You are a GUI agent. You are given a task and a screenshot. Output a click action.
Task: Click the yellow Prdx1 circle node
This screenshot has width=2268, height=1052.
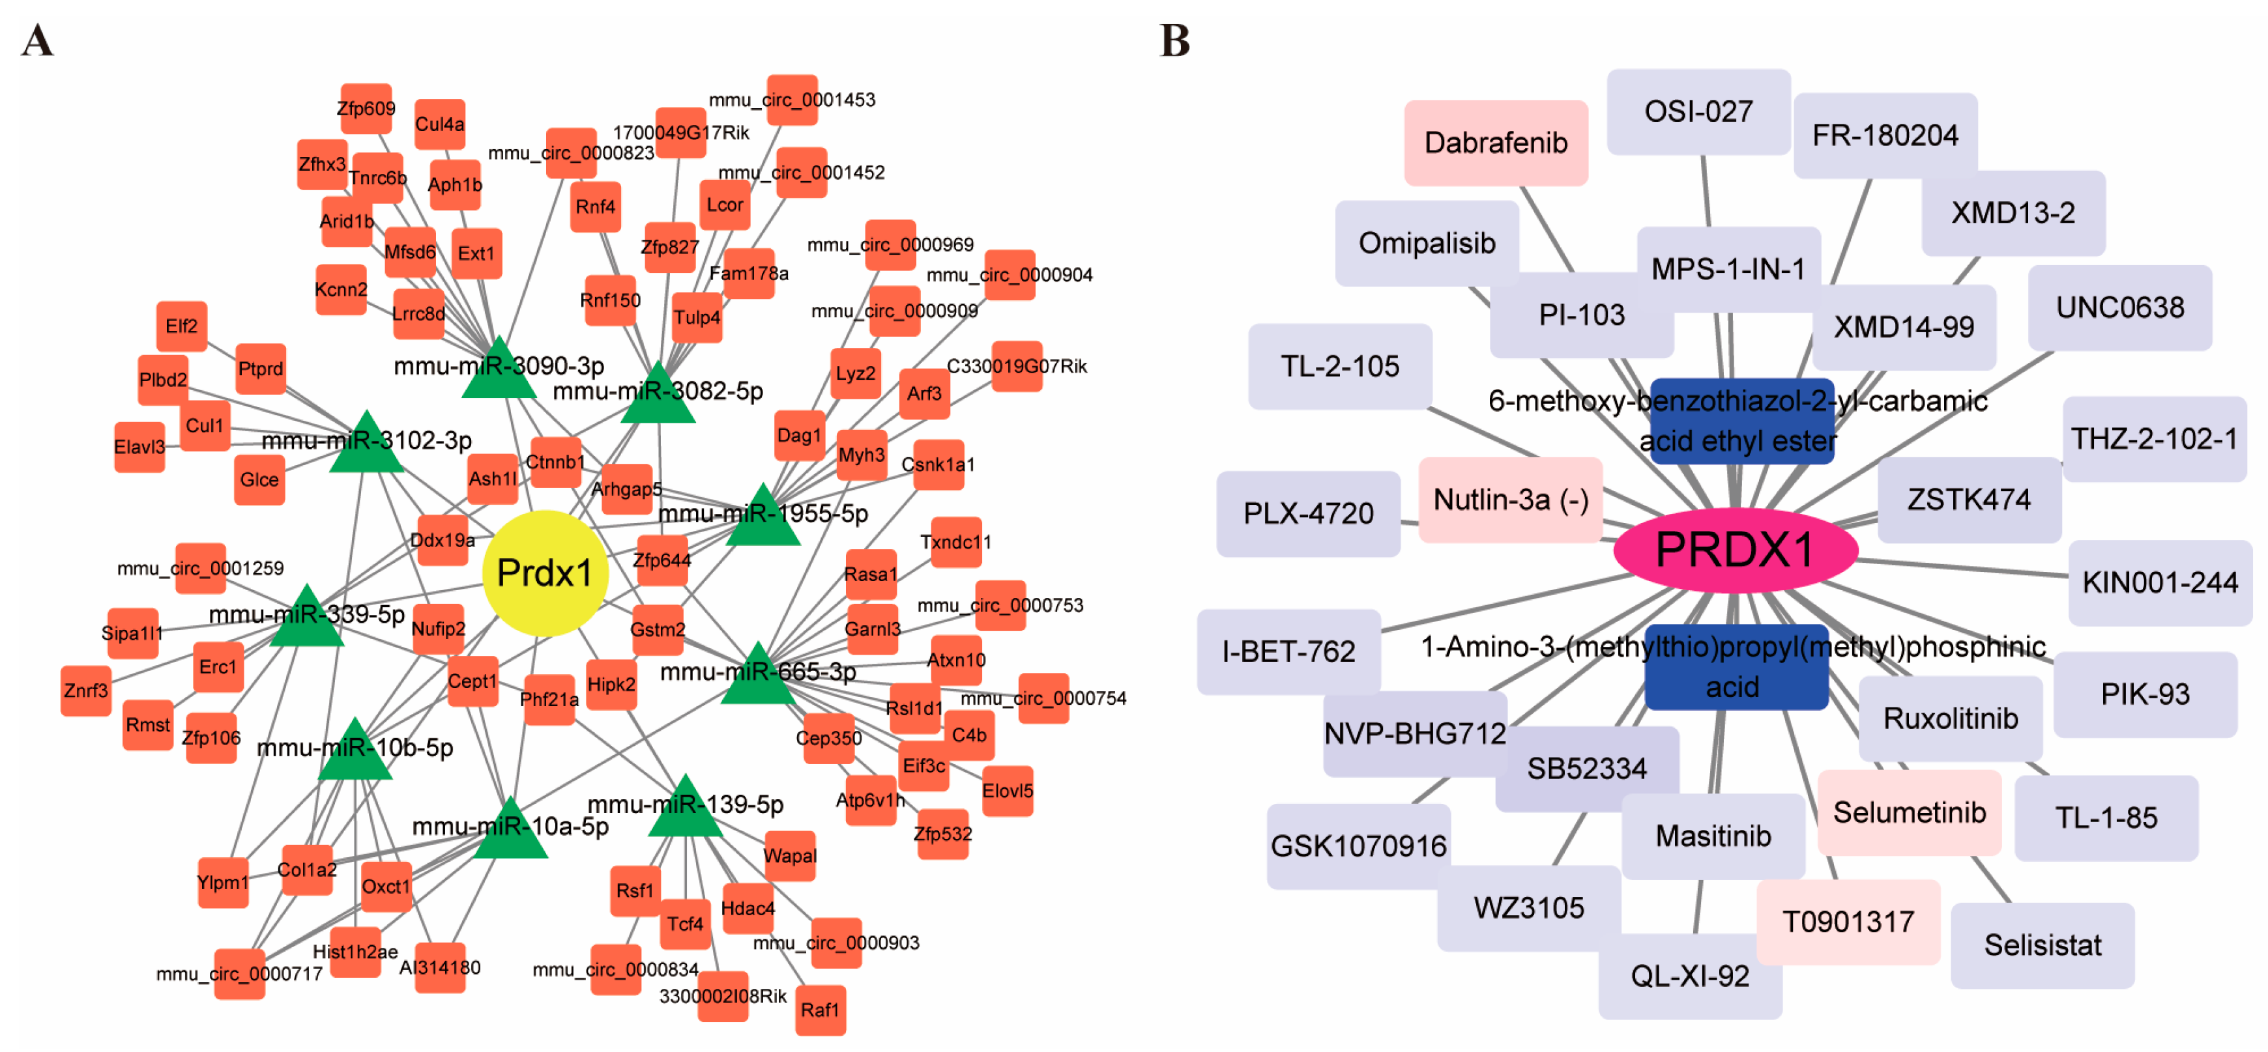coord(545,573)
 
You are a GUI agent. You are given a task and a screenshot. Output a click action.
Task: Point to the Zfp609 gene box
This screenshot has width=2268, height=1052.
coord(366,108)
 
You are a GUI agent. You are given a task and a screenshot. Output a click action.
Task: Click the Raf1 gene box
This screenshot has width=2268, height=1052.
coord(821,1010)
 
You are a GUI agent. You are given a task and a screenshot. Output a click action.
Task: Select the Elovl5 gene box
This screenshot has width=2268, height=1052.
coord(1007,791)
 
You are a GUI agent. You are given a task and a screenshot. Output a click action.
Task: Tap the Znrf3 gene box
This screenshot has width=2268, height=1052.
coord(85,690)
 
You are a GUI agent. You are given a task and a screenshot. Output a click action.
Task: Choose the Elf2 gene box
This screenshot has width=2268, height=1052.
coord(181,326)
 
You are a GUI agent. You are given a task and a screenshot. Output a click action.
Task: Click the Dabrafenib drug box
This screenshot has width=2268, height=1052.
coord(1495,143)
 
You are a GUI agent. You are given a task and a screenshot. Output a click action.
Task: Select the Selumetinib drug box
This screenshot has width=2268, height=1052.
coord(1909,812)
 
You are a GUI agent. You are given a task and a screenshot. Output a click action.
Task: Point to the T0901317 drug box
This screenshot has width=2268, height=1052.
coord(1847,922)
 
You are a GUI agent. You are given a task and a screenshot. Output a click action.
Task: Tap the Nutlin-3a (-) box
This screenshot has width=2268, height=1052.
coord(1510,500)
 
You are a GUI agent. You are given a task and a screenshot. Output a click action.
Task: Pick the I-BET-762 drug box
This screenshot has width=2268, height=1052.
coord(1288,651)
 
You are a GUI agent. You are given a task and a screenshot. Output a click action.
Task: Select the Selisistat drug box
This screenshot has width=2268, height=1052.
coord(2042,945)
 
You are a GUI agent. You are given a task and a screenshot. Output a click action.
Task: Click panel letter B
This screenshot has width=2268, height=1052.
coord(1174,40)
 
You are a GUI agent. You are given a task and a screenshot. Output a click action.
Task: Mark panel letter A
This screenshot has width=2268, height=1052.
coord(37,40)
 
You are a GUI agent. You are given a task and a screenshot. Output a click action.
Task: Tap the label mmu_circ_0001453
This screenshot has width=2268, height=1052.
coord(792,100)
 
